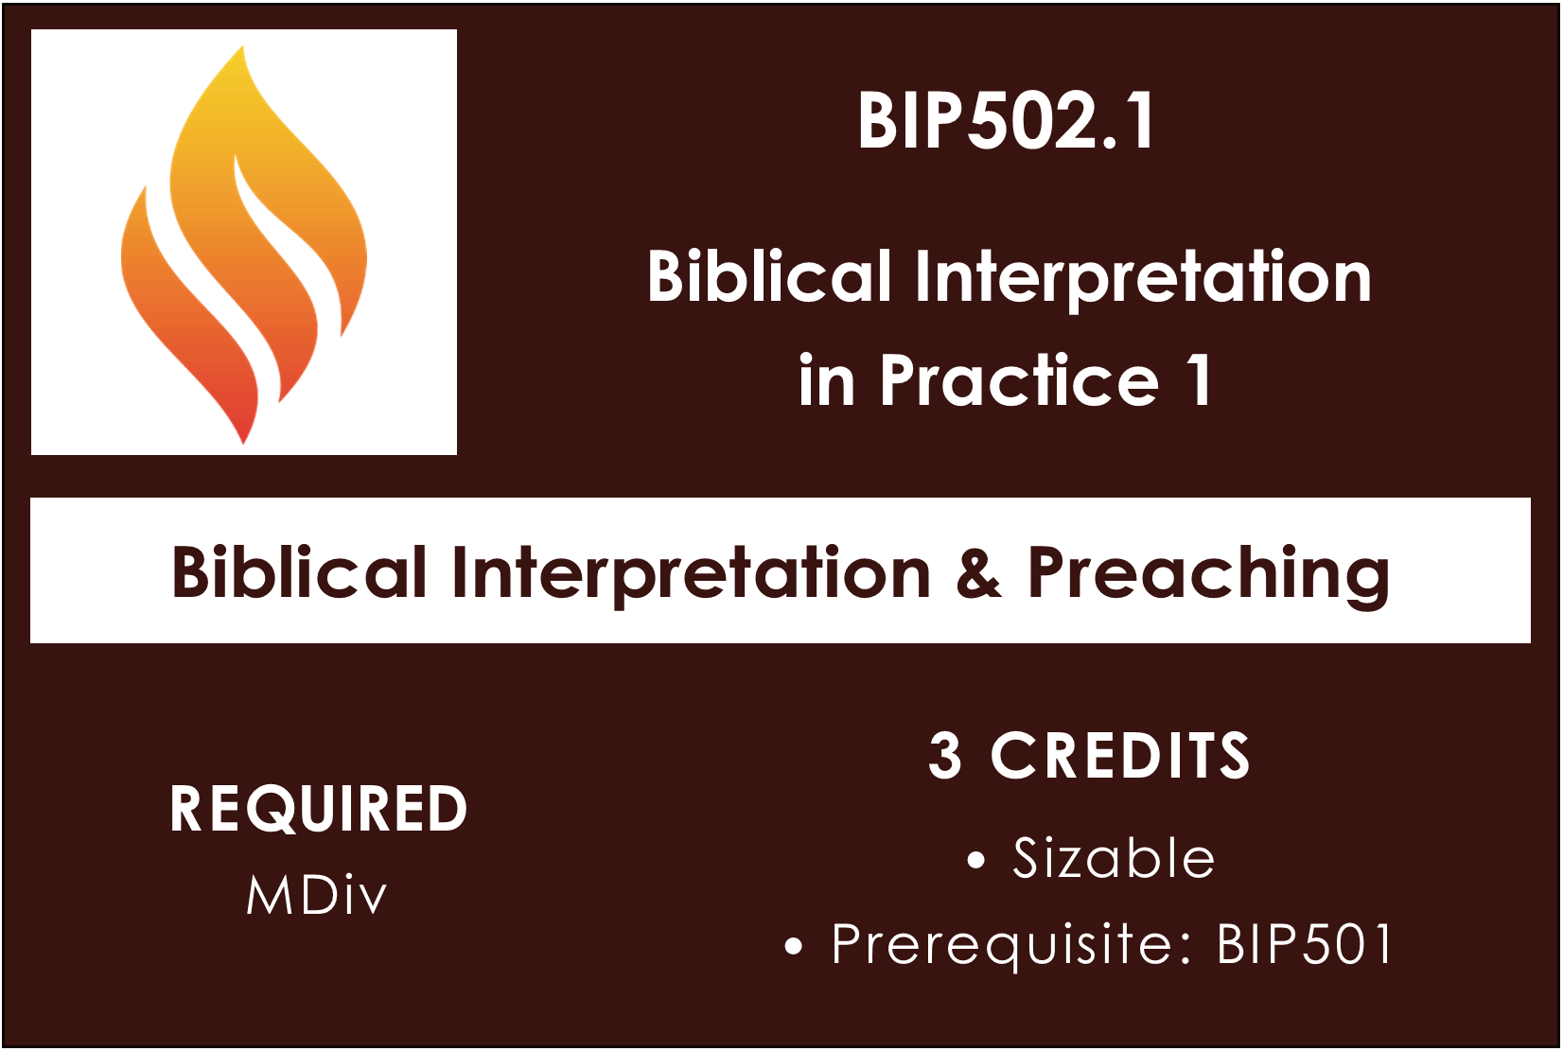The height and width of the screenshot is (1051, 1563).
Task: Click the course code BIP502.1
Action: (x=1006, y=122)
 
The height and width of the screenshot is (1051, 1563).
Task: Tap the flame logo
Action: (x=243, y=244)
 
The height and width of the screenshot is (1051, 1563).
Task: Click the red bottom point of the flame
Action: (x=243, y=441)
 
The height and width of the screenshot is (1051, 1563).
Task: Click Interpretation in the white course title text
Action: (x=1144, y=279)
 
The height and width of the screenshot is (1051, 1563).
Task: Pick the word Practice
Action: (x=1019, y=379)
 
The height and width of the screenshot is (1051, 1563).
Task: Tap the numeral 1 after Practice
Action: (x=1200, y=379)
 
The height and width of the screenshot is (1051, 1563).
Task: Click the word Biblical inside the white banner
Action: (x=299, y=571)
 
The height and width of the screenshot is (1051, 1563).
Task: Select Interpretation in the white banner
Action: (x=691, y=575)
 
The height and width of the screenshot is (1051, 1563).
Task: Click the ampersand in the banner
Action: (x=978, y=572)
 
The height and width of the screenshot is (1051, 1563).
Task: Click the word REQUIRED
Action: (x=318, y=809)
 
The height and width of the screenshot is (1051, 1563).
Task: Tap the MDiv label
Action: (x=316, y=895)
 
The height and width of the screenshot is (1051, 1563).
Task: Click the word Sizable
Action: (x=1113, y=858)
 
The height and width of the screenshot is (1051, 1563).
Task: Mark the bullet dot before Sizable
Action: (x=976, y=861)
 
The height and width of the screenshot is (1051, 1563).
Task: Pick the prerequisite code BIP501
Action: (x=1305, y=944)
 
